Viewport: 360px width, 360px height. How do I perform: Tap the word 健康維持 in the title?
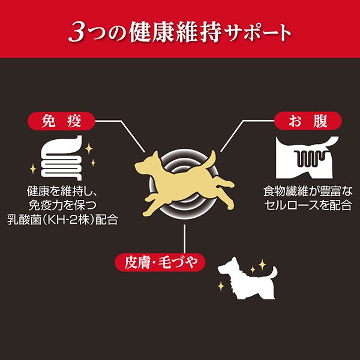[175, 32]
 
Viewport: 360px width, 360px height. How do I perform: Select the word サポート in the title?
[258, 33]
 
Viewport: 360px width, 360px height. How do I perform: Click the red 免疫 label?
[61, 121]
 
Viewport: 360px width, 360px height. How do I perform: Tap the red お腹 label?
[308, 121]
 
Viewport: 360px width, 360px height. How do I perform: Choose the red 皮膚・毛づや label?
[160, 262]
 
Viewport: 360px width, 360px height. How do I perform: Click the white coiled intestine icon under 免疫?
[62, 158]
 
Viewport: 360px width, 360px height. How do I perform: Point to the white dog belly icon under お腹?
[307, 157]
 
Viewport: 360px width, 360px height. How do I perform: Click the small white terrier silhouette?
[247, 278]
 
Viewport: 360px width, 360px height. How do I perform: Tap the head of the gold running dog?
[147, 164]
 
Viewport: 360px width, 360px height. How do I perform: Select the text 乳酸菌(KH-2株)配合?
[62, 220]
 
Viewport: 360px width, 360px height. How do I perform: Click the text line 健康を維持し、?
[62, 191]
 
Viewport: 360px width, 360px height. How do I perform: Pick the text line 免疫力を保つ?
[62, 205]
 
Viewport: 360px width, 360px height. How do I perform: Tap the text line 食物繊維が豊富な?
[308, 191]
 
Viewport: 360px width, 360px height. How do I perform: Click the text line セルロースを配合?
[308, 205]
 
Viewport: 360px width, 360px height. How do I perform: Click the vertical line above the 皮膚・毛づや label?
[184, 239]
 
